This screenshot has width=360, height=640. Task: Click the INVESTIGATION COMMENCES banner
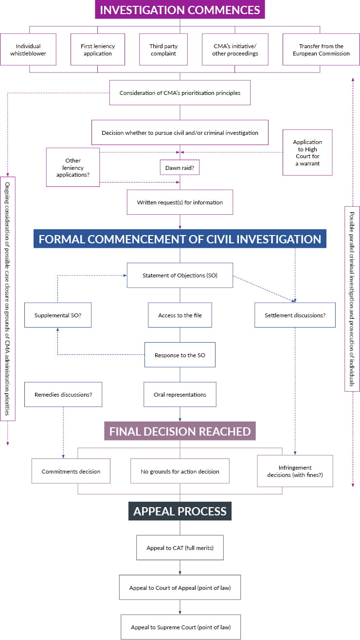coord(180,10)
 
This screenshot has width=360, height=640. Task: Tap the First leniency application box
coord(98,50)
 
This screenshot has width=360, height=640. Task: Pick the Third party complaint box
coord(163,50)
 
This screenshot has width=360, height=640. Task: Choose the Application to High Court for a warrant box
coord(307,152)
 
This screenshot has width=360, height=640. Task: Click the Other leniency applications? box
coord(72,167)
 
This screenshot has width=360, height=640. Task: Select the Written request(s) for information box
coord(180,202)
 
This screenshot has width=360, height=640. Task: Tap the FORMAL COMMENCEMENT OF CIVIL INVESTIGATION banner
coord(180,239)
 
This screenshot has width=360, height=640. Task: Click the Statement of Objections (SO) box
coord(180,275)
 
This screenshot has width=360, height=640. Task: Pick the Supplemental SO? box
coord(58,315)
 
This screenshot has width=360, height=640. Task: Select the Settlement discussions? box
coord(295,315)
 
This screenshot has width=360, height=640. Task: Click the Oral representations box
coord(180,394)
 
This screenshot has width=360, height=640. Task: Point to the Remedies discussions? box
coord(63,394)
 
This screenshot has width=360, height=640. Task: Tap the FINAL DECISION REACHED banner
coord(180,431)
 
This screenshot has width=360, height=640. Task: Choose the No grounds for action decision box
coord(180,471)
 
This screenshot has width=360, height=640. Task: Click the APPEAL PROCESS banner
coord(180,512)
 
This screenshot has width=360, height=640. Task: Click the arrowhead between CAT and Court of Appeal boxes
coord(180,573)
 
